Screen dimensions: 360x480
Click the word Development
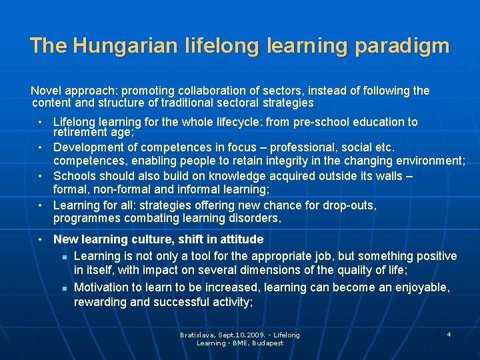[87, 147]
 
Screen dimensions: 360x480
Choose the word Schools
[74, 176]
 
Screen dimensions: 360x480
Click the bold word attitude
[241, 239]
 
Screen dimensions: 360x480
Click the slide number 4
[449, 333]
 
